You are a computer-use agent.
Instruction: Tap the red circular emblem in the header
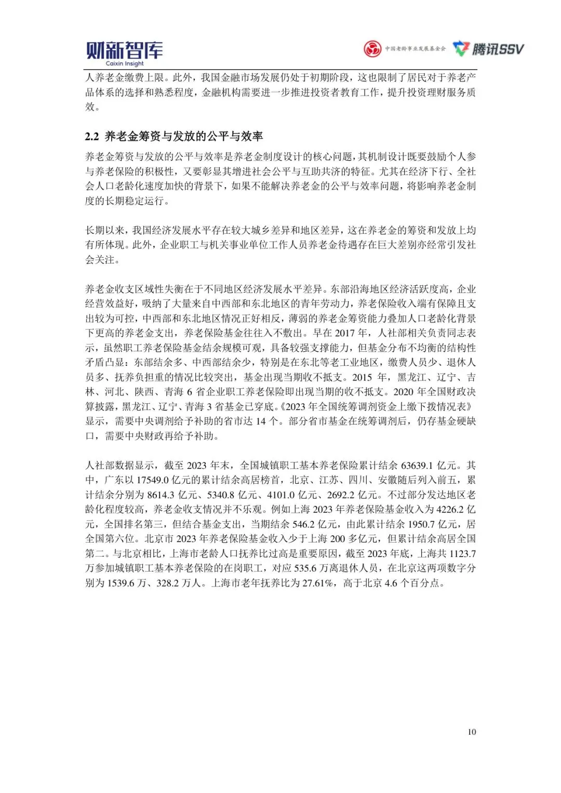[x=372, y=49]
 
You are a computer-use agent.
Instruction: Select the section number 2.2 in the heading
[x=92, y=137]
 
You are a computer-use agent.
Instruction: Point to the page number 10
[x=472, y=732]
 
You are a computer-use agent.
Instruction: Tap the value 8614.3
[x=161, y=495]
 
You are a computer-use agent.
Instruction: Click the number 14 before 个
[x=261, y=421]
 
